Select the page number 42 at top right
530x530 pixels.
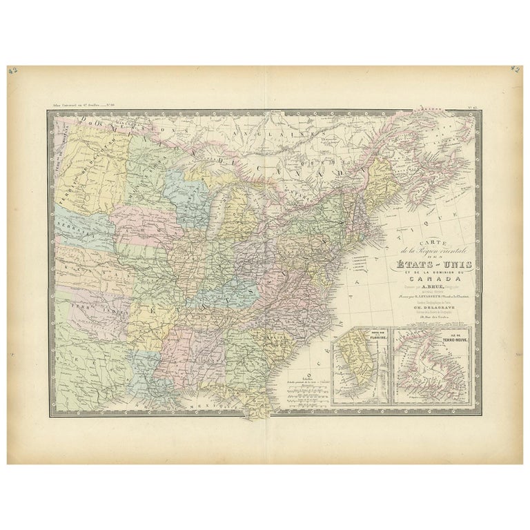(x=515, y=70)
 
